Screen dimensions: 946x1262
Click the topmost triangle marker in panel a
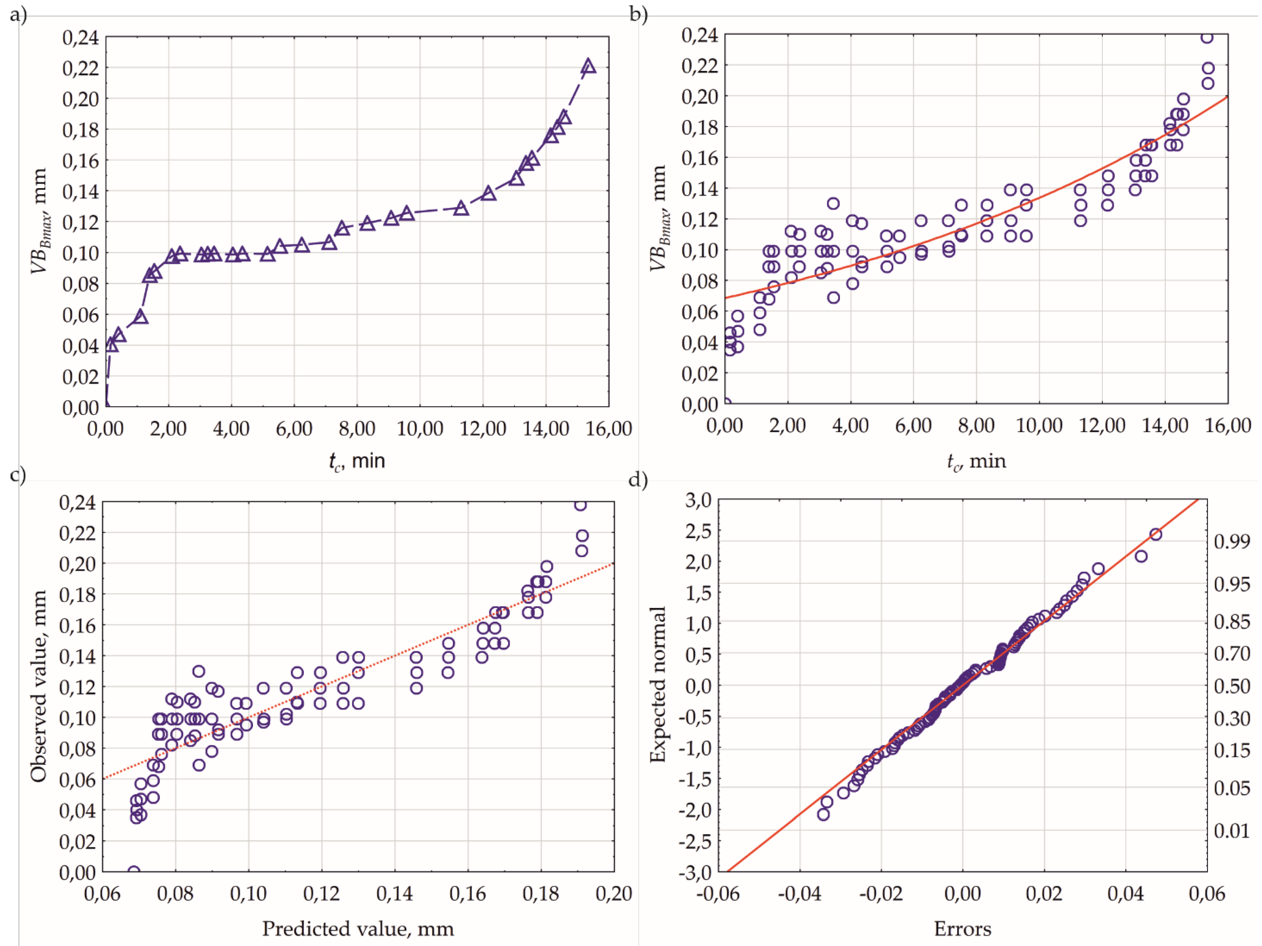588,67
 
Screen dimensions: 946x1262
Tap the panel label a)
18,14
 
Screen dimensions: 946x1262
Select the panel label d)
638,479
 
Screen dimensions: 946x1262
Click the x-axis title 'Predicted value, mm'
358,929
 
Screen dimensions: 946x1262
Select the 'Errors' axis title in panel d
962,929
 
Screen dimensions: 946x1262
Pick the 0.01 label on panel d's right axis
1232,830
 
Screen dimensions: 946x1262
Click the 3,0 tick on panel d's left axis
698,501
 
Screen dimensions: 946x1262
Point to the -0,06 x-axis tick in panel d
718,893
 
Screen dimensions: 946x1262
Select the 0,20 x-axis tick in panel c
614,893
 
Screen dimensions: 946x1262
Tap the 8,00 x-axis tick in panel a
357,428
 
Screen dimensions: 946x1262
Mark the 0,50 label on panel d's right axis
1232,686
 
